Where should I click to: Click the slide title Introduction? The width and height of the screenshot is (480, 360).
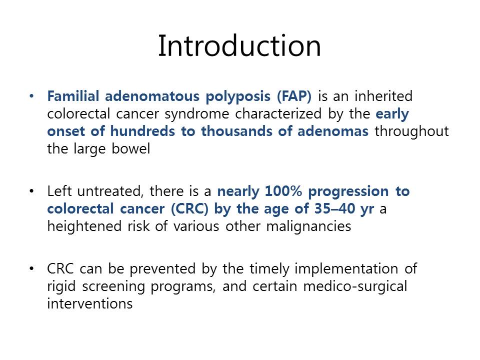239,46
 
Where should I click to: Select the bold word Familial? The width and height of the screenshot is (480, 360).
73,96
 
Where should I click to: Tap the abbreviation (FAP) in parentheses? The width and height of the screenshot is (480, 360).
294,96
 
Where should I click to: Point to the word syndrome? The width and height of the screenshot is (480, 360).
197,114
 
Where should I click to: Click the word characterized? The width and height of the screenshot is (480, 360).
278,113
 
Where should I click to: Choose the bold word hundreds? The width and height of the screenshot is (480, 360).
142,131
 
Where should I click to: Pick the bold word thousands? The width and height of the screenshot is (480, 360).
236,131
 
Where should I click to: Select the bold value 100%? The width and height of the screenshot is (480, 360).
283,191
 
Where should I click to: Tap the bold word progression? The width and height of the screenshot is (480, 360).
348,192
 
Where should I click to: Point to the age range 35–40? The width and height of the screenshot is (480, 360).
334,208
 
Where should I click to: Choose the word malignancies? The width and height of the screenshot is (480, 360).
308,227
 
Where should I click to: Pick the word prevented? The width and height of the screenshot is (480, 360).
162,269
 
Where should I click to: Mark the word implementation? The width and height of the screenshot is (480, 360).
346,269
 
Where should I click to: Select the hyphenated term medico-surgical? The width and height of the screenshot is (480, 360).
355,287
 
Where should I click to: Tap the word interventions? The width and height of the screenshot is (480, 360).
90,303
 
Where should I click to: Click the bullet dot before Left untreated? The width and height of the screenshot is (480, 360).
31,191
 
